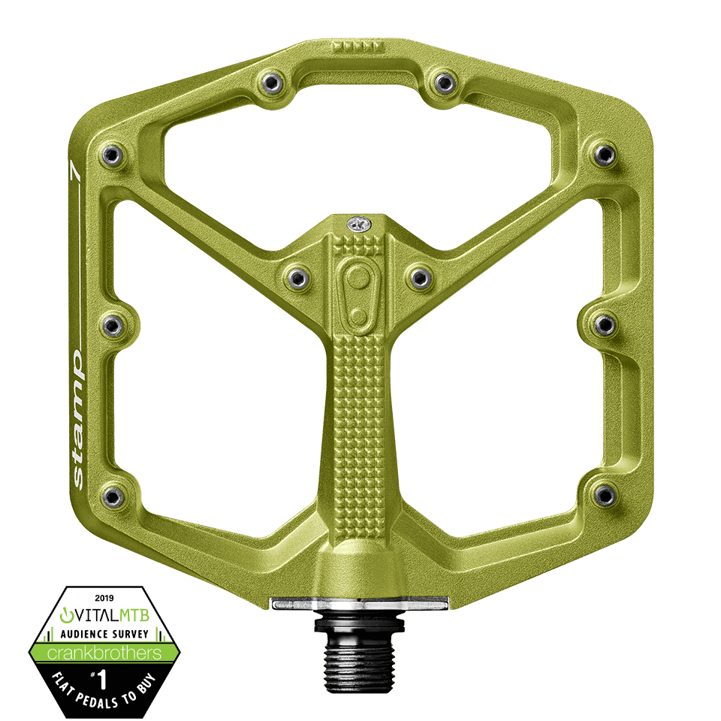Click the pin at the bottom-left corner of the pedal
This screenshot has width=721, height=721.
pos(113,495)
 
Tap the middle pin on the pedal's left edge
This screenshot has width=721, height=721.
pos(113,325)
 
